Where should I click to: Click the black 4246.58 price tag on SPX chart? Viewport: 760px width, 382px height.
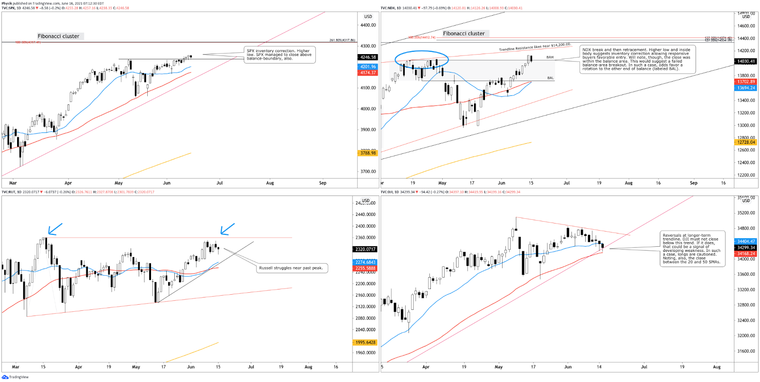(368, 57)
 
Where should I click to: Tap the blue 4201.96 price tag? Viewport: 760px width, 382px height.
(368, 67)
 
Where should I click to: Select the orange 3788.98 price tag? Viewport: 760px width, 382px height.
(368, 153)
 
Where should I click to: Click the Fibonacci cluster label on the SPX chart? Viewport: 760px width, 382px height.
(59, 36)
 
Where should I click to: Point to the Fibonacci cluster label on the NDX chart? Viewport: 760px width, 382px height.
(464, 34)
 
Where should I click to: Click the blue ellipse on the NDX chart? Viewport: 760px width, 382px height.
(421, 60)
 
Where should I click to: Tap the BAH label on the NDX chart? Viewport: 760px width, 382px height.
(550, 57)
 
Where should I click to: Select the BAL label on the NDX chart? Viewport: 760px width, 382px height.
(551, 78)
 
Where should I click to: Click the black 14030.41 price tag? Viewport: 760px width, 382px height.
(746, 61)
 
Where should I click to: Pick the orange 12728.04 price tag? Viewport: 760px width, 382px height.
(746, 142)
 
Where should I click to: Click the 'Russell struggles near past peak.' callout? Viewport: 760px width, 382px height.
(291, 268)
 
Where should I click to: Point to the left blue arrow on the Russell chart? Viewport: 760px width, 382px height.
(54, 229)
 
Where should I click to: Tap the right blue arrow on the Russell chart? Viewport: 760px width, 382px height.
(227, 229)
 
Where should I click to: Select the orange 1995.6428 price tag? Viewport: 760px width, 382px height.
(365, 342)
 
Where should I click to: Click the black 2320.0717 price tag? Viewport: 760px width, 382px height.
(365, 249)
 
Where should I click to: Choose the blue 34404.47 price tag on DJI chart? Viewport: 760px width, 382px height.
(746, 242)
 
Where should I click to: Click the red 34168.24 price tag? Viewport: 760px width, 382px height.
(746, 254)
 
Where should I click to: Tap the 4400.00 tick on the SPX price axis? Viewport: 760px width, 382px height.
(368, 25)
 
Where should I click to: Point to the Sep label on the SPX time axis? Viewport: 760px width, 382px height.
(323, 183)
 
